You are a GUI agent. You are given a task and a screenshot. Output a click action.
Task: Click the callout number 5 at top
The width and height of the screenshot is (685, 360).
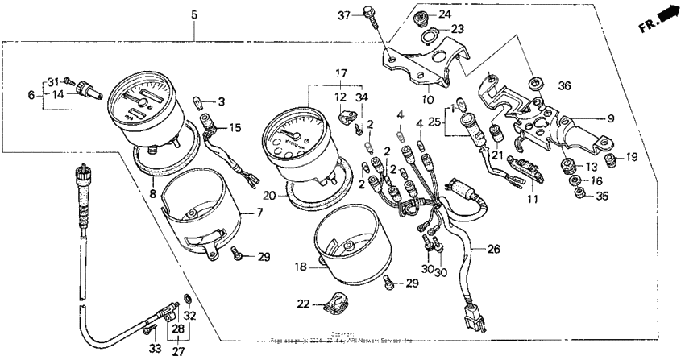point(193,14)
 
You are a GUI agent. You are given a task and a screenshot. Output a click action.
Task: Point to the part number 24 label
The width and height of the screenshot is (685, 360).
point(444,15)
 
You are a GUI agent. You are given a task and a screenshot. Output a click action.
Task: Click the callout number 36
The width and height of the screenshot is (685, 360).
point(564,86)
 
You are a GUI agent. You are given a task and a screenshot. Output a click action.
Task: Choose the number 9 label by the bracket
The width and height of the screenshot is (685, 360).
point(611,118)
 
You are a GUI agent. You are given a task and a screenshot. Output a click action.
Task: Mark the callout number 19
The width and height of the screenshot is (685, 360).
point(631,157)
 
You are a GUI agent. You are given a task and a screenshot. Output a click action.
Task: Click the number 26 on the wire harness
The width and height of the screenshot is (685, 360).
point(492,249)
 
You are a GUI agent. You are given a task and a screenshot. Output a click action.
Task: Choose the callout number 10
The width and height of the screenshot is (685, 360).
point(427,99)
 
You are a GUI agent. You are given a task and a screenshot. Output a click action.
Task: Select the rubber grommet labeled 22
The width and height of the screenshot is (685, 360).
point(326,304)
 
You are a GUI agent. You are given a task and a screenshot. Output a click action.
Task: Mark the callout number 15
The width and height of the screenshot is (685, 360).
point(235,128)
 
